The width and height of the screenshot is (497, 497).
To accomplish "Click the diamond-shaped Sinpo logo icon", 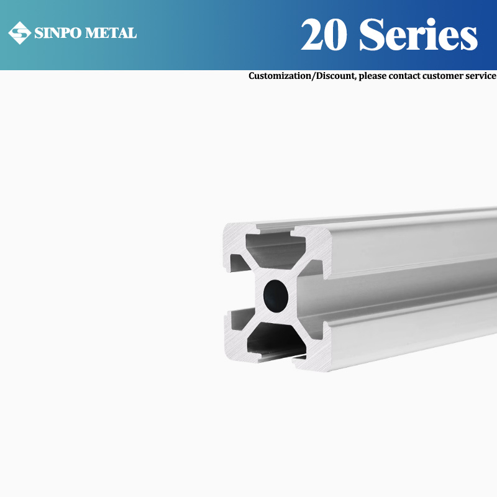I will point(19,33).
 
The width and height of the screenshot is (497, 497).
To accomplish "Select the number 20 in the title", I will point(325,35).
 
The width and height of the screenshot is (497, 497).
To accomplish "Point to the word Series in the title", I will point(418,35).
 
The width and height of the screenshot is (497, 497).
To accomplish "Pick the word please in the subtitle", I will point(375,76).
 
